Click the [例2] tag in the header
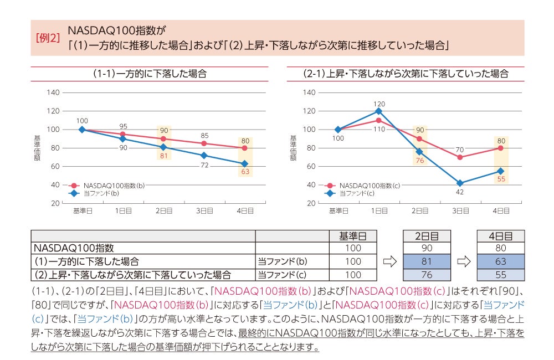(48, 39)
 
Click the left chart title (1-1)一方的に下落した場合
(150, 74)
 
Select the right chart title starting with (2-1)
(406, 74)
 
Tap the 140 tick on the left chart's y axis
(53, 92)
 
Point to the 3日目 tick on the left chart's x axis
(205, 210)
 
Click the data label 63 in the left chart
(245, 172)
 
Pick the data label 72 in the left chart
(204, 166)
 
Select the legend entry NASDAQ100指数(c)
(370, 186)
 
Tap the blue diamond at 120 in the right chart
(378, 111)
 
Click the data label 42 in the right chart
(460, 192)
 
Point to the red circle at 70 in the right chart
(460, 157)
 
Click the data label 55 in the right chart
(501, 179)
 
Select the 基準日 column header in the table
(353, 236)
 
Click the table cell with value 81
(427, 261)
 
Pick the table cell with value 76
(427, 275)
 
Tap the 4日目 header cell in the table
(500, 236)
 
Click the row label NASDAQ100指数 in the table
(74, 249)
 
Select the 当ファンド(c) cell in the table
(282, 275)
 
